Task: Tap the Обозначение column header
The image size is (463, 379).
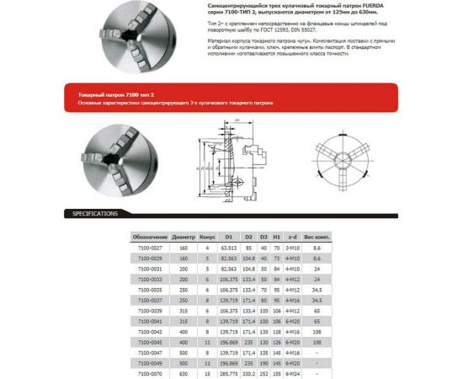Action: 150,238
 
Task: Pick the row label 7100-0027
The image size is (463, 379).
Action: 150,248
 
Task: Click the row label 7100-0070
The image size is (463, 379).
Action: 150,371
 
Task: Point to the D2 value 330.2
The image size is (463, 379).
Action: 249,371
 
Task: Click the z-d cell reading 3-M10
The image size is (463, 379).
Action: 293,248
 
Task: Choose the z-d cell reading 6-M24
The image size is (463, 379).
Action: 293,371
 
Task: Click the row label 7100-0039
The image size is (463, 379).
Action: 150,310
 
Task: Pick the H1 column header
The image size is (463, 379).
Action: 276,238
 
